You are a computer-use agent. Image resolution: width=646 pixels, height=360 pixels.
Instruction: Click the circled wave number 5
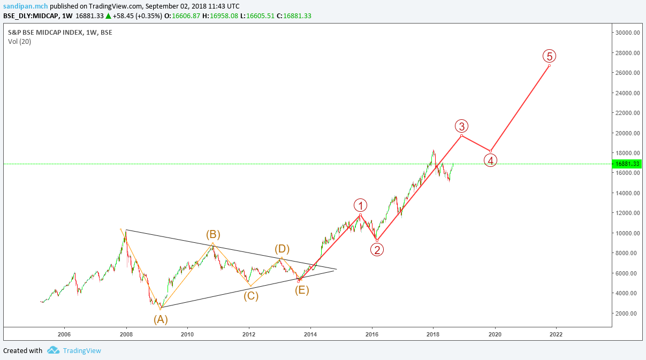click(549, 56)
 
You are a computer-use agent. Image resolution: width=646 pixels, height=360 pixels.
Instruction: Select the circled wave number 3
click(462, 126)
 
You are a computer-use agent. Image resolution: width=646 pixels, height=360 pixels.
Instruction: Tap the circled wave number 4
click(490, 159)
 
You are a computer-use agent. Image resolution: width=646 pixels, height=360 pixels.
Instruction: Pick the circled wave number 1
click(361, 205)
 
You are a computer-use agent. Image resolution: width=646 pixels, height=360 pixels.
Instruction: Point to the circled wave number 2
click(377, 249)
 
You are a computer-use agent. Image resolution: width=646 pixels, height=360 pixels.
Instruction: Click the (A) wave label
click(161, 319)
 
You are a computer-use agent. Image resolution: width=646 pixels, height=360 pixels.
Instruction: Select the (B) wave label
click(213, 234)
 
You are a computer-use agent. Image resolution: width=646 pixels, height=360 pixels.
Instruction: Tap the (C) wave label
click(251, 295)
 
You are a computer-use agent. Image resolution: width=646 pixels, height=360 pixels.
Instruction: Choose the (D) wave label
click(282, 249)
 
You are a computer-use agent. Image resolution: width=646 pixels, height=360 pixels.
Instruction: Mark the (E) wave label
click(302, 290)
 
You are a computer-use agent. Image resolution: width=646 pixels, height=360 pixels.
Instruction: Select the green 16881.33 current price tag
click(628, 164)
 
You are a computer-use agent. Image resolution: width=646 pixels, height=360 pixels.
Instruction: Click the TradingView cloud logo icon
click(53, 350)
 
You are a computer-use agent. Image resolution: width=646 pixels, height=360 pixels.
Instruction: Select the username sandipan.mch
click(25, 6)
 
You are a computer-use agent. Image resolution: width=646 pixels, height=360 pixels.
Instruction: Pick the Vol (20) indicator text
click(19, 41)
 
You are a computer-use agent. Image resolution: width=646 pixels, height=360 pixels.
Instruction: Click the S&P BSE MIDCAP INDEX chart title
click(60, 32)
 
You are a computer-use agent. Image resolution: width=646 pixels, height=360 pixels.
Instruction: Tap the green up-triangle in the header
click(108, 16)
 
